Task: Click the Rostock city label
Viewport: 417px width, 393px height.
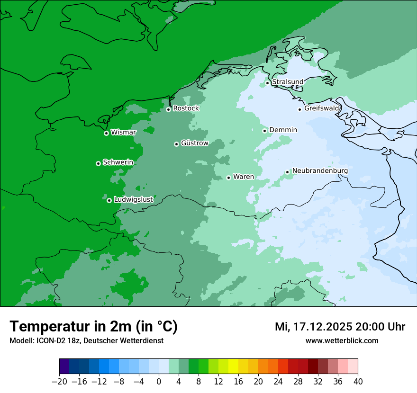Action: click(x=186, y=108)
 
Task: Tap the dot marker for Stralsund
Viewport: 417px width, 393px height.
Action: click(x=267, y=83)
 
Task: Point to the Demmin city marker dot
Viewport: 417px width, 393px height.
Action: click(x=264, y=131)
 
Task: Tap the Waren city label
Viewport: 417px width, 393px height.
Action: click(x=244, y=177)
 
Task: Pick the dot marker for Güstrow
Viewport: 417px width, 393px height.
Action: click(x=176, y=144)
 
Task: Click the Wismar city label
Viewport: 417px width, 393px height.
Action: click(x=123, y=133)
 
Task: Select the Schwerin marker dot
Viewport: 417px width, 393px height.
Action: click(x=98, y=163)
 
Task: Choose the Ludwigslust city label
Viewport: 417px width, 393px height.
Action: click(x=133, y=200)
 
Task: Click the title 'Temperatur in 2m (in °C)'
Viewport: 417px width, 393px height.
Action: click(x=93, y=327)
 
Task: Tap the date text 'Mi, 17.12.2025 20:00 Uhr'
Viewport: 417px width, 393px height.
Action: click(x=340, y=327)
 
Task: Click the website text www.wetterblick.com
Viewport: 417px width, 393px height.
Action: click(x=342, y=340)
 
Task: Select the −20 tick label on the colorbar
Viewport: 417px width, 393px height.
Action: click(x=59, y=382)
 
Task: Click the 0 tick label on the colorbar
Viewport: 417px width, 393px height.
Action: click(x=159, y=382)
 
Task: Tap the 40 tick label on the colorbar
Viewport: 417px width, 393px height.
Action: click(x=358, y=382)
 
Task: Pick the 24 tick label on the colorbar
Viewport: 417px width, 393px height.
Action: click(x=278, y=382)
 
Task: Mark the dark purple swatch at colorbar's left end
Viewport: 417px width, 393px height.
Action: click(x=64, y=366)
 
